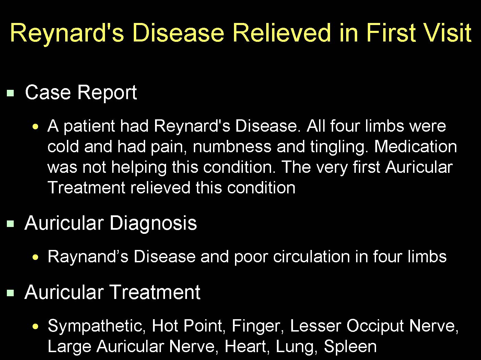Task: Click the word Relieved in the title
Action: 281,33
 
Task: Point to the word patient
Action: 89,127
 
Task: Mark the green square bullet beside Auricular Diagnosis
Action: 10,224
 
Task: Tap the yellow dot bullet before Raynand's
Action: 35,257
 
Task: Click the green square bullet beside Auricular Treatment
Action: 10,293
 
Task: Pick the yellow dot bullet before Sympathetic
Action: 35,327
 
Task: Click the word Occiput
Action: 375,326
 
